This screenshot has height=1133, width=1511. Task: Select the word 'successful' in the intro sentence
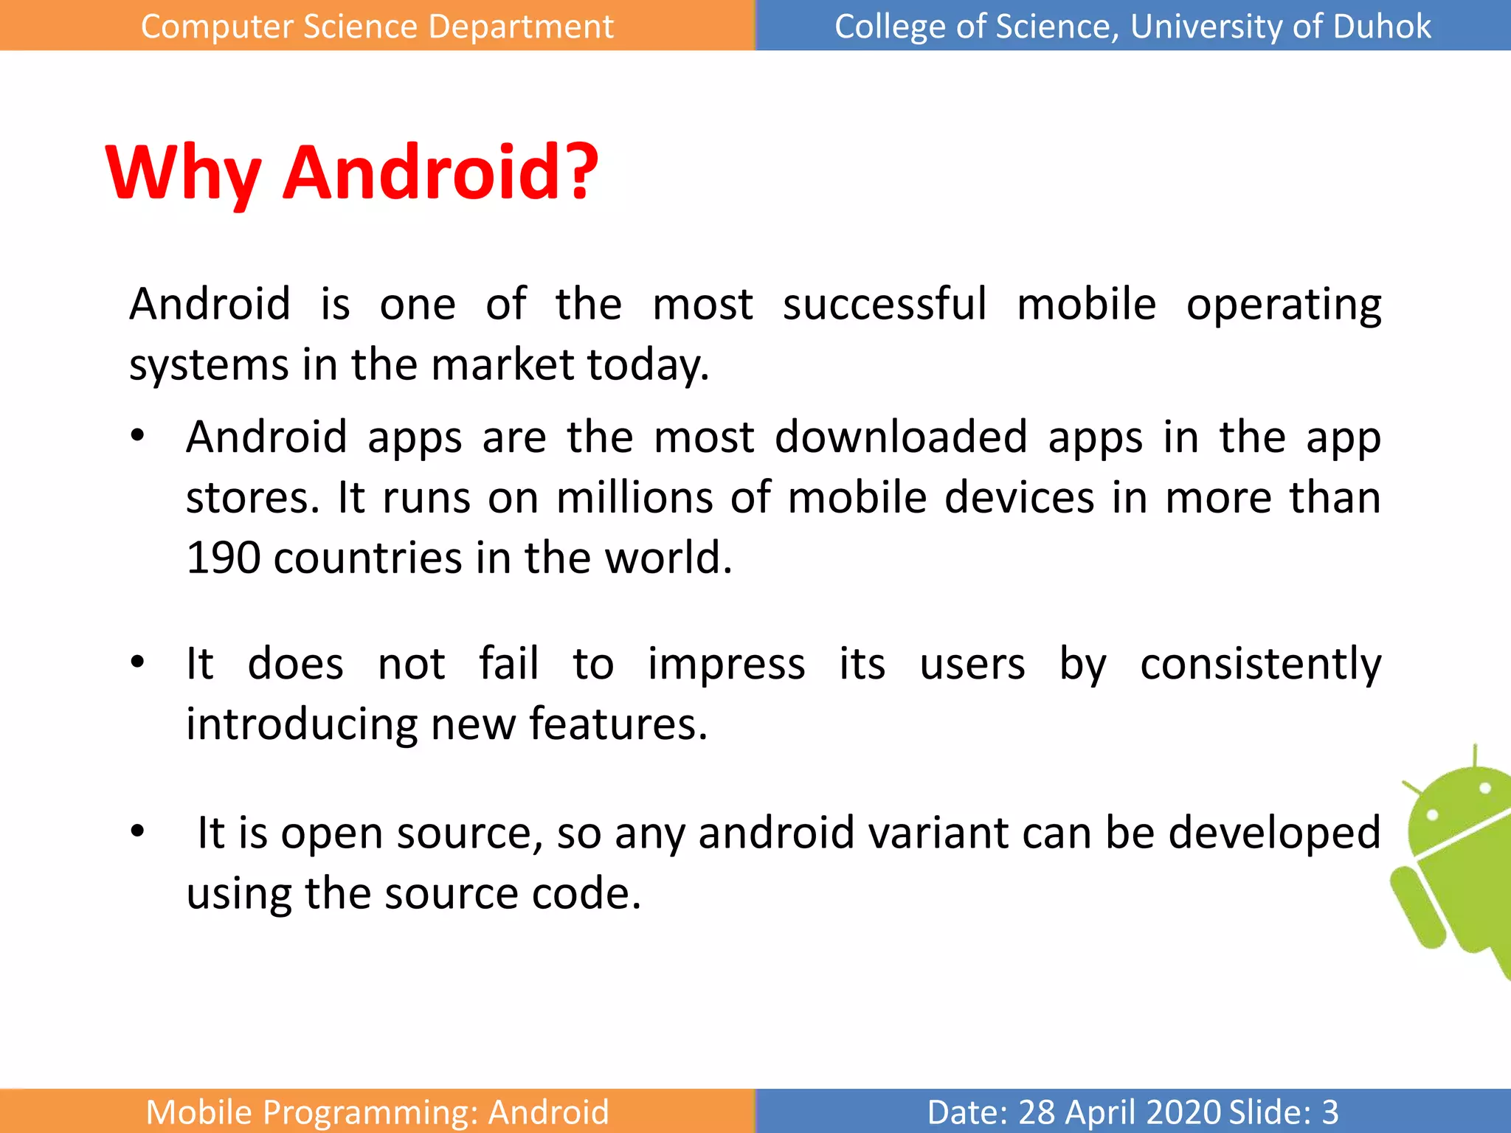884,304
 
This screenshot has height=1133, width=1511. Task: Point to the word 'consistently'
1260,664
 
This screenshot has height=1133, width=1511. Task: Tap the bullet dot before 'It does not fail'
137,662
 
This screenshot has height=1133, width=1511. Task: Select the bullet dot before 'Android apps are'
137,435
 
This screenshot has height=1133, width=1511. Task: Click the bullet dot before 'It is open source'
137,831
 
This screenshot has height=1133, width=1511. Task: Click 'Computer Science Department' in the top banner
377,27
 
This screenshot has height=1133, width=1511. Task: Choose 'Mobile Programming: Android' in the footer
377,1112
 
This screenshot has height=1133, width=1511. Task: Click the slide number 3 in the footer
1330,1112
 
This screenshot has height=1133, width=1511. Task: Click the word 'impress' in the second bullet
726,664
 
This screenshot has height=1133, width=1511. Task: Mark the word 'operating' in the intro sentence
1284,305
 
